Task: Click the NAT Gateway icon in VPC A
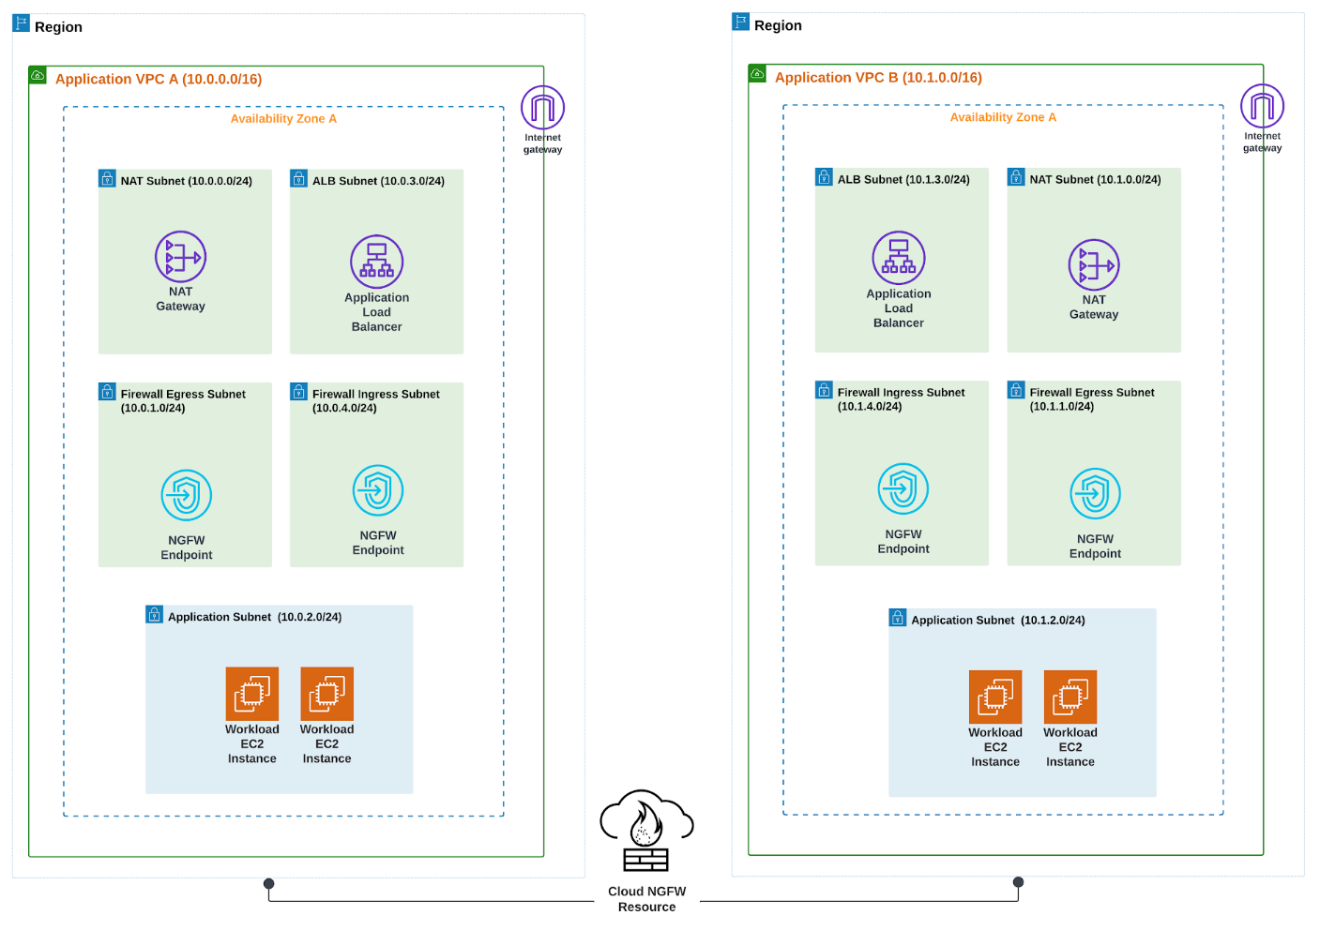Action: point(180,257)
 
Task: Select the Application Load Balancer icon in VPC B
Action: point(899,258)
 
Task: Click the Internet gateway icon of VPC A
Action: point(542,108)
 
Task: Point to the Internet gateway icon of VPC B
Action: point(1262,106)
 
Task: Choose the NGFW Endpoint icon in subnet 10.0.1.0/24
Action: point(186,495)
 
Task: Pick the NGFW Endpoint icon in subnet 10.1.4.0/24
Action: point(903,488)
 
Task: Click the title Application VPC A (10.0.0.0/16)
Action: point(159,80)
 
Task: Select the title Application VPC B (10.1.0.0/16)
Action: point(878,78)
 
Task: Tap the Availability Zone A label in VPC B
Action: point(1003,117)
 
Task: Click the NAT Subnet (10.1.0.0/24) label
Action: point(1095,180)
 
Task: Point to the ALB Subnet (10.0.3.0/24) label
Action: point(378,181)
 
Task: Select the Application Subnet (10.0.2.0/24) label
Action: point(254,617)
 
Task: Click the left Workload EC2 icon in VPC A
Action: point(252,694)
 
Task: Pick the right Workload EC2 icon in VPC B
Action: point(1070,697)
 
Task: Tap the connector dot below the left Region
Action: point(269,883)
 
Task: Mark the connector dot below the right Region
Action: point(1018,882)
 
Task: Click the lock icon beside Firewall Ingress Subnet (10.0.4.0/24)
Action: point(298,391)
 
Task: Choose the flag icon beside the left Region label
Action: point(21,23)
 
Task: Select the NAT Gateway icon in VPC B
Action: point(1094,265)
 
